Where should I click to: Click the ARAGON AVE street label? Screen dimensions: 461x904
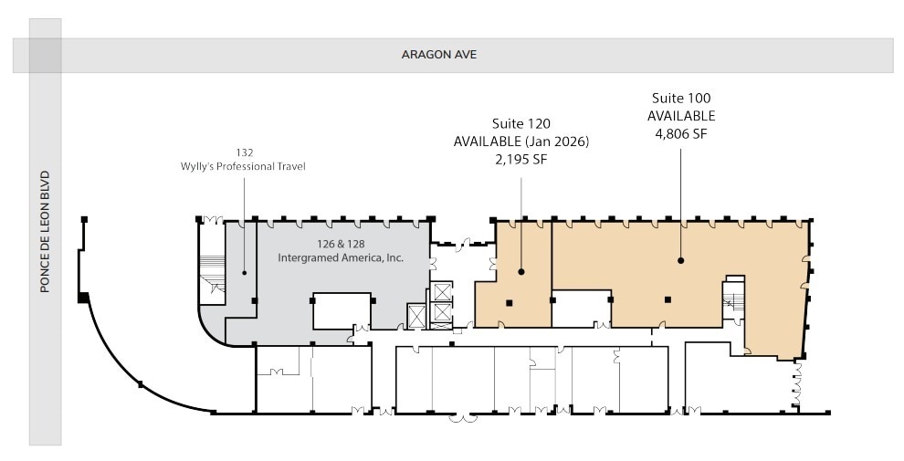[439, 55]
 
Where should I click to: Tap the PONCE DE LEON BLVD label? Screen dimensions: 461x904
[45, 232]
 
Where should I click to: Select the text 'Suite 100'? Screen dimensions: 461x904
[680, 98]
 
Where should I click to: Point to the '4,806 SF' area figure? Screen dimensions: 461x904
[680, 134]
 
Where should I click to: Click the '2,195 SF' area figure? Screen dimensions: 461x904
[521, 160]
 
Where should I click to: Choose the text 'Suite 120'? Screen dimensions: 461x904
[521, 123]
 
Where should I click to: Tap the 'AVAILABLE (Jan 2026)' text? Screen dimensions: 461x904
[521, 141]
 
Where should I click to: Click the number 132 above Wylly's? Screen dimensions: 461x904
[244, 152]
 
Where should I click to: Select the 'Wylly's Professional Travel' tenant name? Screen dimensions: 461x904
[244, 166]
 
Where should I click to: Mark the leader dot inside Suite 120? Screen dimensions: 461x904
[521, 271]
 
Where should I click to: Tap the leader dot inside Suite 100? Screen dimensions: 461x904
[681, 260]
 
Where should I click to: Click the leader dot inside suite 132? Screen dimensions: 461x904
[244, 271]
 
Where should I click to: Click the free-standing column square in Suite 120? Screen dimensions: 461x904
[510, 302]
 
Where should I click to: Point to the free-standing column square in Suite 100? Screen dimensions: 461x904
[667, 299]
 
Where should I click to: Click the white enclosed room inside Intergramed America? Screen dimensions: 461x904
[342, 310]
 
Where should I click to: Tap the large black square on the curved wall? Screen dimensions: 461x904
[83, 298]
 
